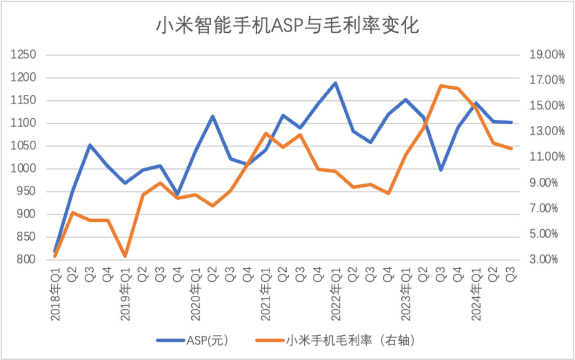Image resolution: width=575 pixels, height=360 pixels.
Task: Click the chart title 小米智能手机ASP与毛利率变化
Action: [x=287, y=25]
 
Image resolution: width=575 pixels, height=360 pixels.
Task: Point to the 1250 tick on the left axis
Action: [x=23, y=54]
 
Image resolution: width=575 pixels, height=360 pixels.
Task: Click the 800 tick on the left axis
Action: [x=26, y=259]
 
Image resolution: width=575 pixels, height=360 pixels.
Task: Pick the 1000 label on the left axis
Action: [x=23, y=168]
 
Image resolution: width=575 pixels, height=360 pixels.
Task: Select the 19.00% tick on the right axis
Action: [x=547, y=54]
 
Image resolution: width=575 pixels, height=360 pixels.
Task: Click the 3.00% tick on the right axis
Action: [x=544, y=259]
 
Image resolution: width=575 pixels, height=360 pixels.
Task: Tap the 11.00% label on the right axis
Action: [x=547, y=157]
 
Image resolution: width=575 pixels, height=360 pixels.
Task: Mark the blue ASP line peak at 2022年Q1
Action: [x=335, y=84]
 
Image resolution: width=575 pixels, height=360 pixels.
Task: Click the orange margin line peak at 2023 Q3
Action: [x=441, y=86]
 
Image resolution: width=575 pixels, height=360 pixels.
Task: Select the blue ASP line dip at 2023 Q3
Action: [x=441, y=170]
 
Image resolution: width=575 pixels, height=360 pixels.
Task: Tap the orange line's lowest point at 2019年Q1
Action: [x=125, y=256]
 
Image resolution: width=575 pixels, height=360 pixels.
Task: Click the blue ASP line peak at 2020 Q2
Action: [x=213, y=116]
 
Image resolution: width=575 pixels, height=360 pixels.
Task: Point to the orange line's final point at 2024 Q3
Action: [x=511, y=149]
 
